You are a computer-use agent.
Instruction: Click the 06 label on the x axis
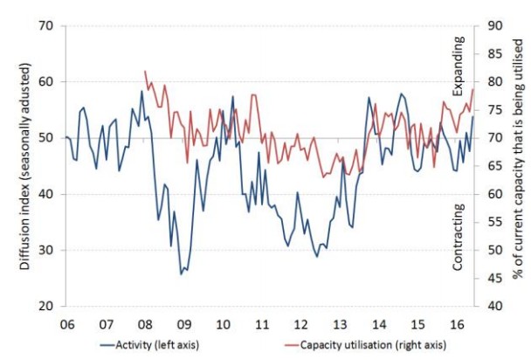66,322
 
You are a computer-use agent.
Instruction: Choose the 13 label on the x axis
340,322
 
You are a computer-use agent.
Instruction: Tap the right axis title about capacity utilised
517,166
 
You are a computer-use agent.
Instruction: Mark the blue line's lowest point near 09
182,274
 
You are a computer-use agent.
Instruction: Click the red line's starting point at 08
144,71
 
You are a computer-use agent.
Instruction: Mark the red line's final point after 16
472,89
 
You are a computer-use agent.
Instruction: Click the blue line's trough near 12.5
316,256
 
